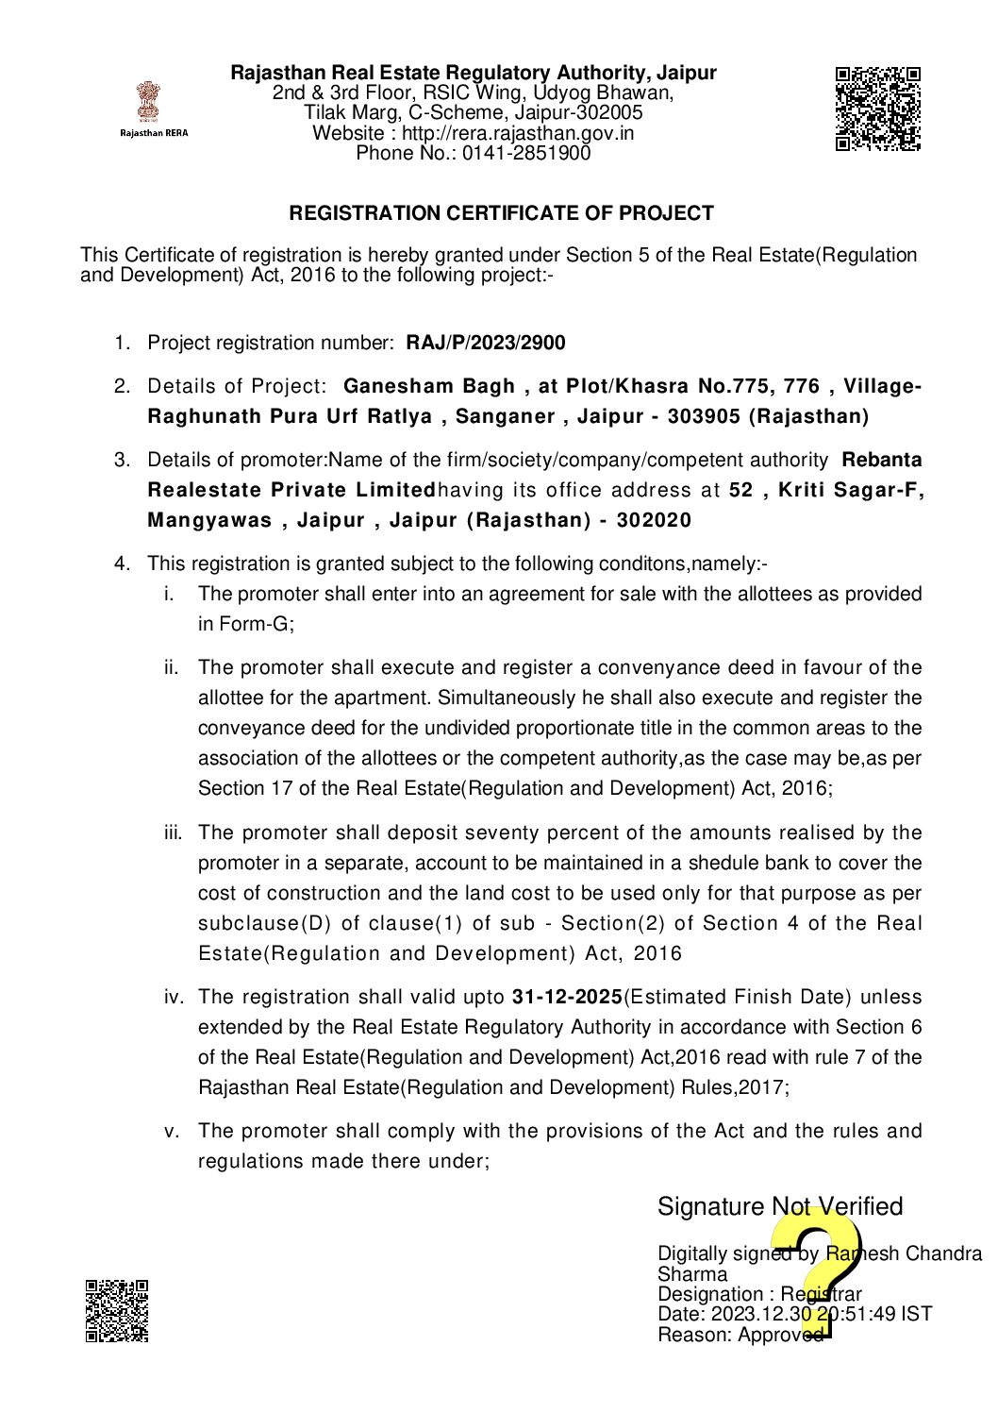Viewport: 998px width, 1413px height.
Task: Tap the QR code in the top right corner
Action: [x=877, y=109]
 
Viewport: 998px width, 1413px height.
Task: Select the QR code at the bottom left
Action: [x=117, y=1310]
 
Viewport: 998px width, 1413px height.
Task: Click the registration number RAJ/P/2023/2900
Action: [x=486, y=343]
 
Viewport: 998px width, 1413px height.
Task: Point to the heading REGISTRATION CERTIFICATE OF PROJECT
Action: [x=501, y=213]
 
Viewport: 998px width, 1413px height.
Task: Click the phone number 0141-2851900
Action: [x=526, y=153]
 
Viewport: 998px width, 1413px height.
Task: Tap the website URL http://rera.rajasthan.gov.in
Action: [x=518, y=133]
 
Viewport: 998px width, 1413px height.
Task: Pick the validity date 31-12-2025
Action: [x=567, y=997]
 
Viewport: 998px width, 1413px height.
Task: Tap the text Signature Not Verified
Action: [x=780, y=1206]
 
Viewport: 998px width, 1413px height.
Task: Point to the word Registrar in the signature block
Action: [x=821, y=1294]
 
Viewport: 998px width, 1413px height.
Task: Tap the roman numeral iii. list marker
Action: [x=173, y=833]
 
